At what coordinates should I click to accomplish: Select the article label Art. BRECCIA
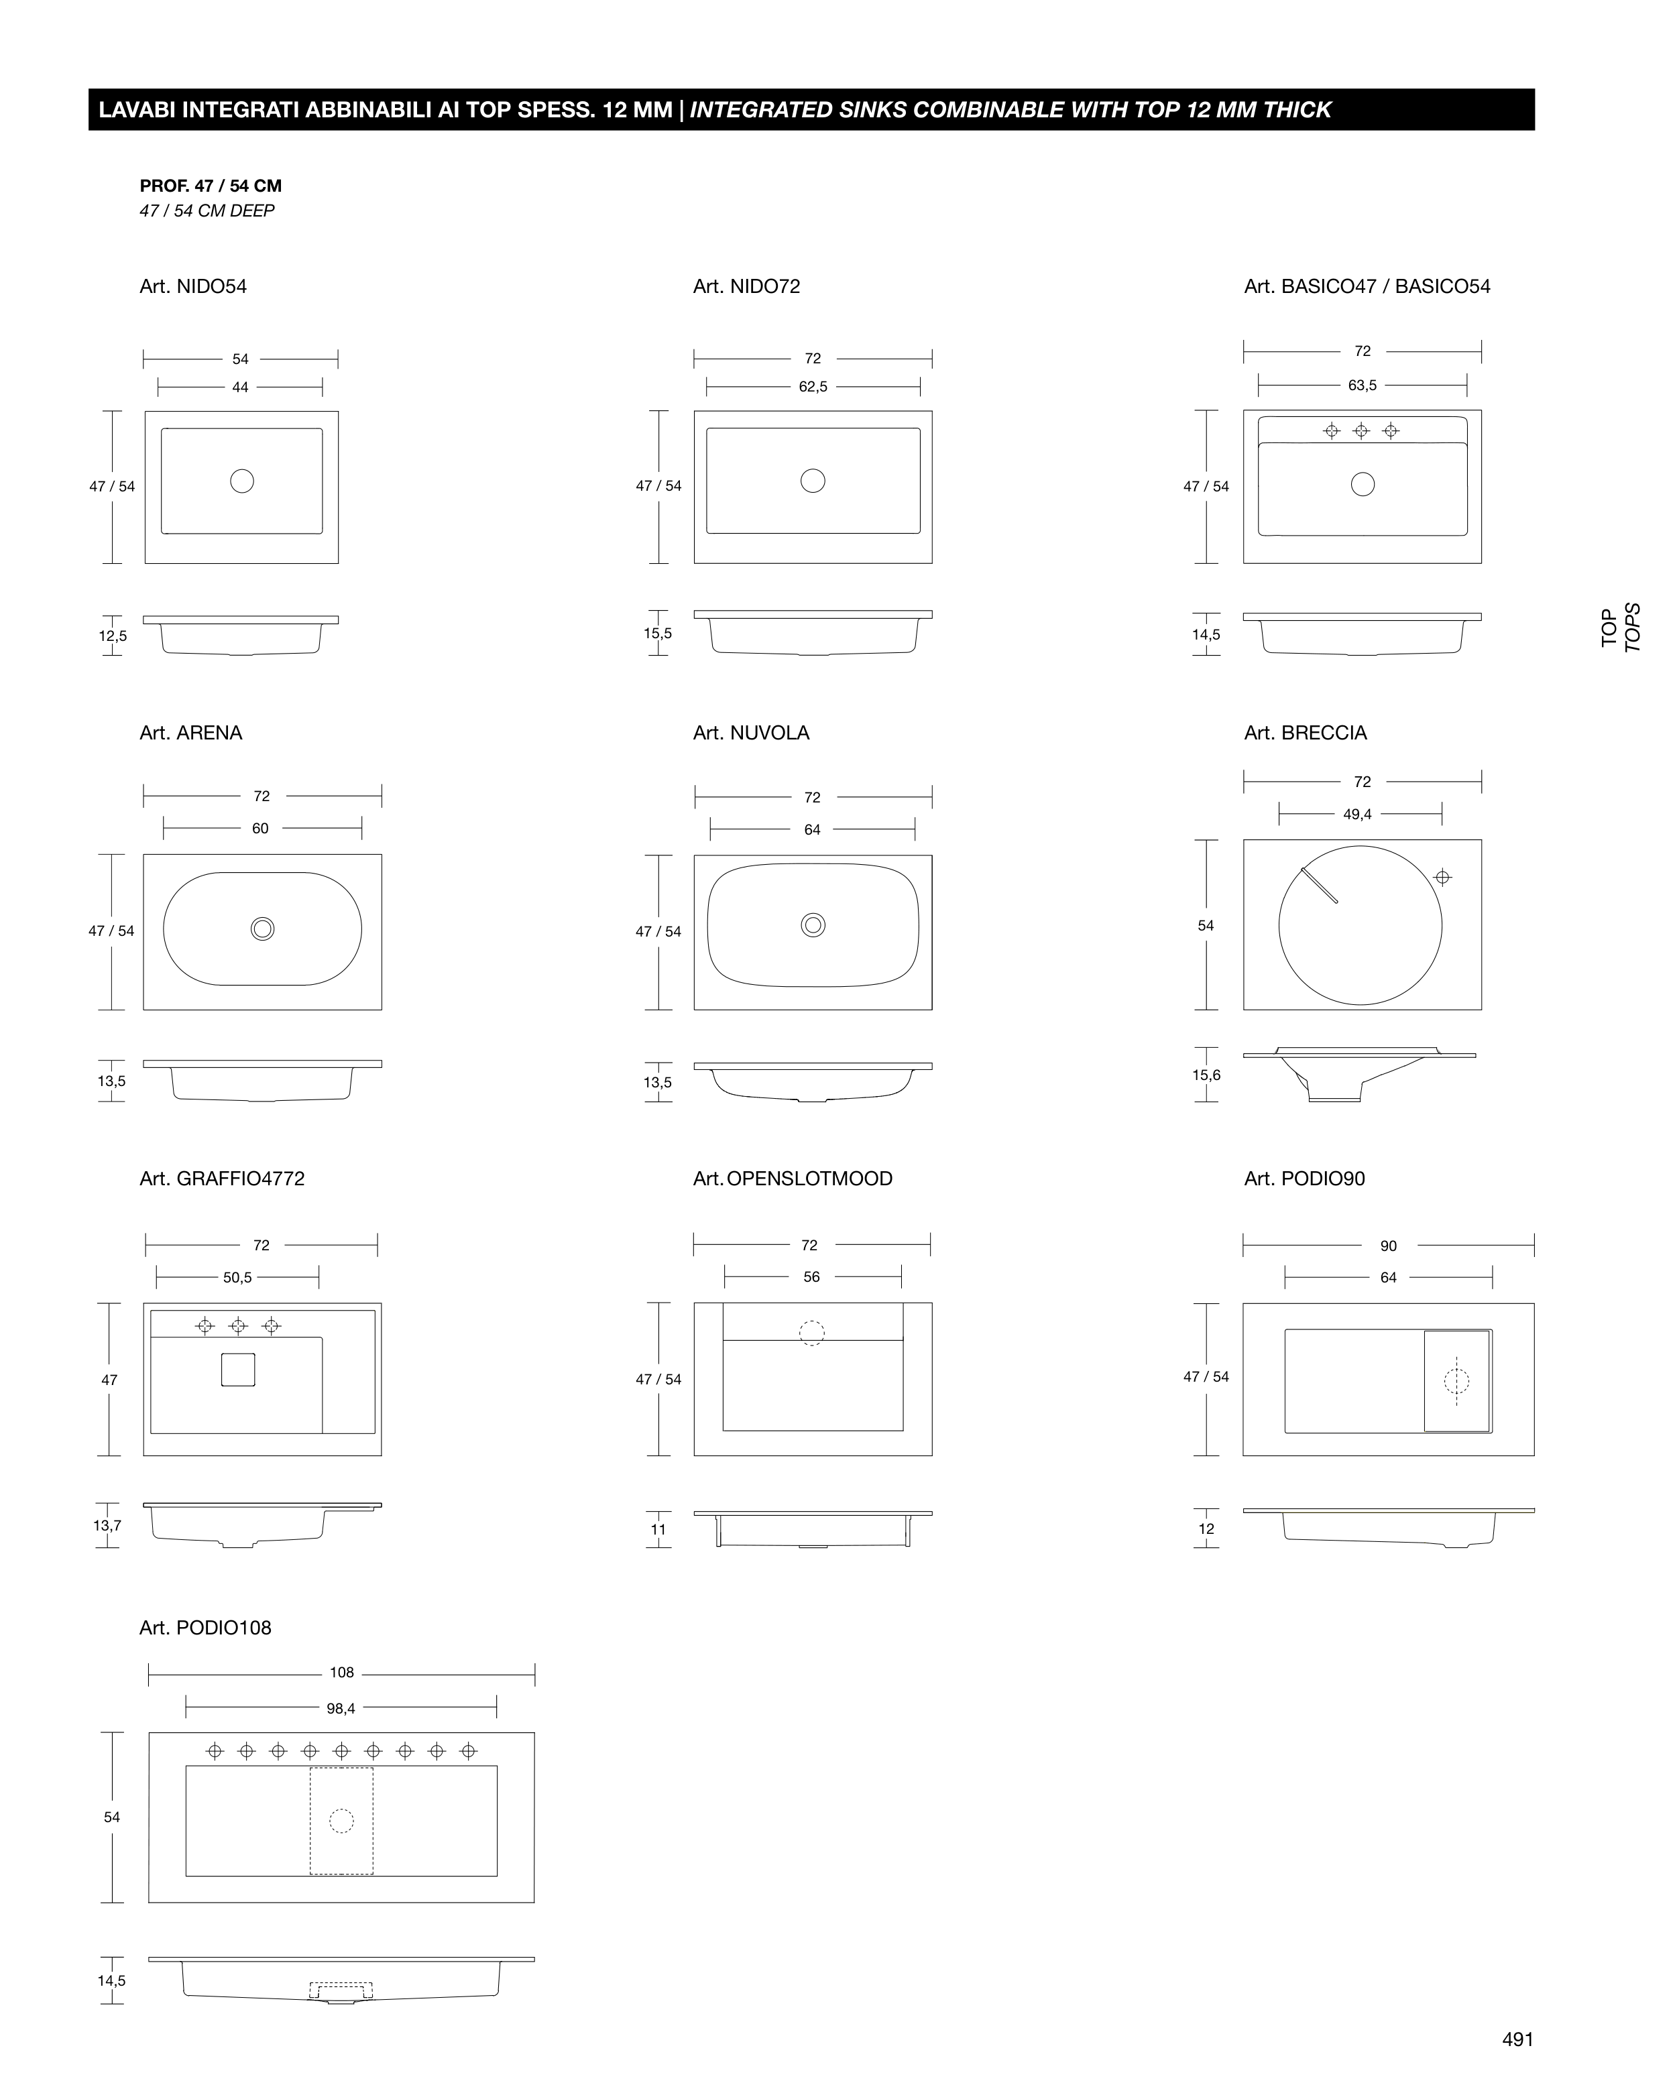pyautogui.click(x=1305, y=733)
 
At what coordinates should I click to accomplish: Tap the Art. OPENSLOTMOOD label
pyautogui.click(x=793, y=1179)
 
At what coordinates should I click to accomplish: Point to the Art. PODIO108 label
pyautogui.click(x=205, y=1628)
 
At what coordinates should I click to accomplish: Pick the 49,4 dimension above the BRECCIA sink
pyautogui.click(x=1357, y=815)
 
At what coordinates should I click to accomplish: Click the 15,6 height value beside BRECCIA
pyautogui.click(x=1206, y=1075)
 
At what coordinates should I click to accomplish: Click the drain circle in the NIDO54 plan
pyautogui.click(x=242, y=481)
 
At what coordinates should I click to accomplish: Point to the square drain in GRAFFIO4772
pyautogui.click(x=238, y=1370)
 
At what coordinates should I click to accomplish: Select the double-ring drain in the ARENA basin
pyautogui.click(x=262, y=929)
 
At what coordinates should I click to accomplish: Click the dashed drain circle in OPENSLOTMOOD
pyautogui.click(x=812, y=1333)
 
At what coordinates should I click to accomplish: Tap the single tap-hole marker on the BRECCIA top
pyautogui.click(x=1443, y=878)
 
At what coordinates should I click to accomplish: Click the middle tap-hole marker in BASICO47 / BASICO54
pyautogui.click(x=1361, y=430)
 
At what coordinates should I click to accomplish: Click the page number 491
pyautogui.click(x=1517, y=2039)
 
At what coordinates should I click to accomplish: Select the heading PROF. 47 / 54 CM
pyautogui.click(x=211, y=186)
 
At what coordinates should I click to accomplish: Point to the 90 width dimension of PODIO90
pyautogui.click(x=1389, y=1246)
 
